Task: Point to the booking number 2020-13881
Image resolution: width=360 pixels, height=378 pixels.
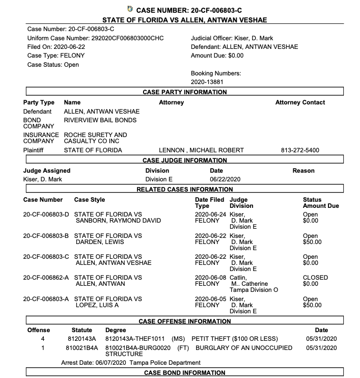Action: pyautogui.click(x=207, y=82)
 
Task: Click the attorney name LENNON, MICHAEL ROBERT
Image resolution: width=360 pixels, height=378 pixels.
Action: pyautogui.click(x=202, y=150)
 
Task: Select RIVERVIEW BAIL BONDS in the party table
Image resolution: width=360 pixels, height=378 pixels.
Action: pyautogui.click(x=100, y=120)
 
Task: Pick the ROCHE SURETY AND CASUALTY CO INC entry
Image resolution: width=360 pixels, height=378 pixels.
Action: pyautogui.click(x=95, y=138)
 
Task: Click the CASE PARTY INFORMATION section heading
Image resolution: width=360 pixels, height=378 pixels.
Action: pyautogui.click(x=185, y=92)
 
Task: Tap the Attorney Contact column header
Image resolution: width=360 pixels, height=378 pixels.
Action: pyautogui.click(x=300, y=102)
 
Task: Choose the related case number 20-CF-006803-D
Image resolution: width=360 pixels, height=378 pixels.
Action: pyautogui.click(x=46, y=214)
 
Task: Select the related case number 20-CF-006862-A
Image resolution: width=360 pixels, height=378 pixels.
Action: pyautogui.click(x=46, y=278)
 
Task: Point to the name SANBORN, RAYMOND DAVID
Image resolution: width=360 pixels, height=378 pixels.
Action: pyautogui.click(x=118, y=221)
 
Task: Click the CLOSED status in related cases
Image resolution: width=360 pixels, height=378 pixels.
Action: pyautogui.click(x=315, y=278)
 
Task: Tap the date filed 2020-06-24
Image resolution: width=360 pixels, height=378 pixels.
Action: pyautogui.click(x=210, y=214)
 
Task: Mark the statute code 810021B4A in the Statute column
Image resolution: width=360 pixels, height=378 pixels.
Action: pyautogui.click(x=82, y=348)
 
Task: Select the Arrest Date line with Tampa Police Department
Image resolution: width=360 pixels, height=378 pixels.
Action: pyautogui.click(x=130, y=363)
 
